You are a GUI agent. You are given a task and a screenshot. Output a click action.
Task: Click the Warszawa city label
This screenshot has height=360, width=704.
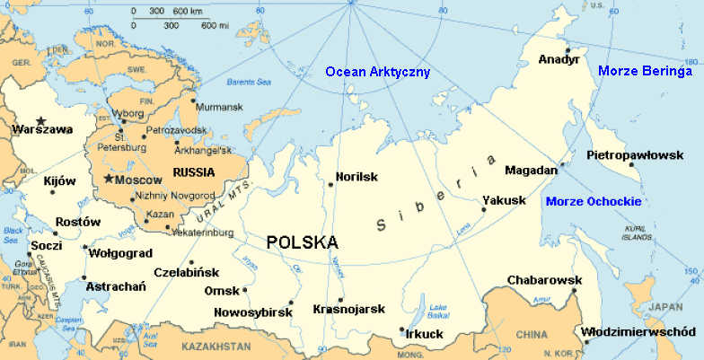click(x=42, y=129)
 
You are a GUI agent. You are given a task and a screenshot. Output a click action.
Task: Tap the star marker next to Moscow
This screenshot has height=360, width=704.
click(x=109, y=180)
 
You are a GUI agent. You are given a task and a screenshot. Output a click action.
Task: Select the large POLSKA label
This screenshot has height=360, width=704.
click(x=303, y=242)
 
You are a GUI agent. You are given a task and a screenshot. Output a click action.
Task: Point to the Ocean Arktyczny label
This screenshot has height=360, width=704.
click(x=378, y=72)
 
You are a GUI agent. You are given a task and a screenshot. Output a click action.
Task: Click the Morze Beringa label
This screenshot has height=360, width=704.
click(x=645, y=71)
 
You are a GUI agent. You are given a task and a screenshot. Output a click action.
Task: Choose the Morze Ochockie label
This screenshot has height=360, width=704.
click(x=593, y=200)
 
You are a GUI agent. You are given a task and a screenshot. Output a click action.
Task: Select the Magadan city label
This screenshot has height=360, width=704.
click(x=531, y=170)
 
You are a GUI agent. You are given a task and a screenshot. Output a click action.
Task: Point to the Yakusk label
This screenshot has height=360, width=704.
click(x=504, y=200)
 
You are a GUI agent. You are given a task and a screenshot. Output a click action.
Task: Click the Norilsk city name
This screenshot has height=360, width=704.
click(x=356, y=177)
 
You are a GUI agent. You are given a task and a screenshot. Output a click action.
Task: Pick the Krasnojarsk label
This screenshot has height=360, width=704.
click(x=348, y=310)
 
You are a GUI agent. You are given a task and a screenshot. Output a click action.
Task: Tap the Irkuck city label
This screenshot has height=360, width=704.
click(x=425, y=334)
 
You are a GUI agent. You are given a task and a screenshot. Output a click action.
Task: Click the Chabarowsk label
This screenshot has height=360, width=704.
click(x=544, y=281)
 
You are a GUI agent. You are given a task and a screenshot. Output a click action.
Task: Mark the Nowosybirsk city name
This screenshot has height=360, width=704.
click(x=252, y=312)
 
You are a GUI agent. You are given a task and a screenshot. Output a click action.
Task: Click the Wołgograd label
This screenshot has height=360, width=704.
click(x=119, y=253)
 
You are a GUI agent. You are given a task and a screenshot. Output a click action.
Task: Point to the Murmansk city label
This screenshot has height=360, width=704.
click(x=219, y=108)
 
